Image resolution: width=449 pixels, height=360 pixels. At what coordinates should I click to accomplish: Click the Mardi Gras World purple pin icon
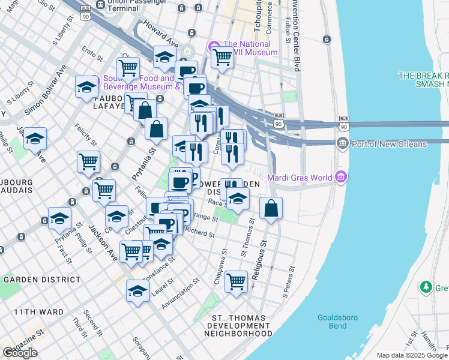[342, 176]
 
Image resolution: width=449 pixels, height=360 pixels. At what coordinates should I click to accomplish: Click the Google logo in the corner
[20, 352]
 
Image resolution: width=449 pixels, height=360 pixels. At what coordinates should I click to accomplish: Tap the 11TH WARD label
[34, 312]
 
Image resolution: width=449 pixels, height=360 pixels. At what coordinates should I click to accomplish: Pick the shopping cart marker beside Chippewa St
[237, 280]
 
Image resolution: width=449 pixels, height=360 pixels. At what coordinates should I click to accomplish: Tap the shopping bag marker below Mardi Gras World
[271, 208]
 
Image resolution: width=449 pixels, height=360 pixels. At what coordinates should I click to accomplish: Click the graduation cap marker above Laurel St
[137, 292]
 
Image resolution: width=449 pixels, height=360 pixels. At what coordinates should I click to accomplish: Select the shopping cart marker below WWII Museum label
[222, 58]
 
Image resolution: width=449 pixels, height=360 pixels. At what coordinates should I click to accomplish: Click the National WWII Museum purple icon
[214, 46]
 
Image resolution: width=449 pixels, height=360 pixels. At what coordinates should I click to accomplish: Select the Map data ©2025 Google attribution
[411, 355]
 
